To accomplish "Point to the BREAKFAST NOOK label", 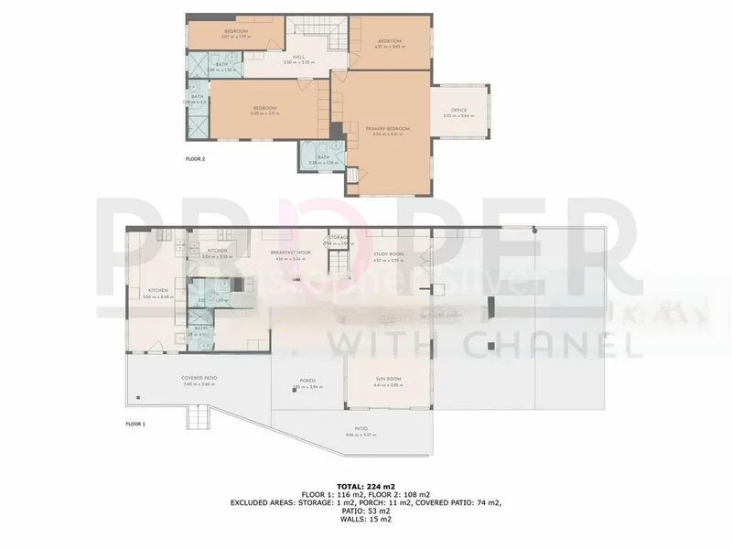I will coord(291,253).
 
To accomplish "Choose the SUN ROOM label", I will coord(390,378).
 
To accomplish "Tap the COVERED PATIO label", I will coord(199,378).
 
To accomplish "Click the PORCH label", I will coord(307,381).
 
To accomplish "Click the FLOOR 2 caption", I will coord(196,159).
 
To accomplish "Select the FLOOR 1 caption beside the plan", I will coord(135,424).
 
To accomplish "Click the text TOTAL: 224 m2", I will coord(366,486).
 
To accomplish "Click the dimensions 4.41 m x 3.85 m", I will coord(390,384).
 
